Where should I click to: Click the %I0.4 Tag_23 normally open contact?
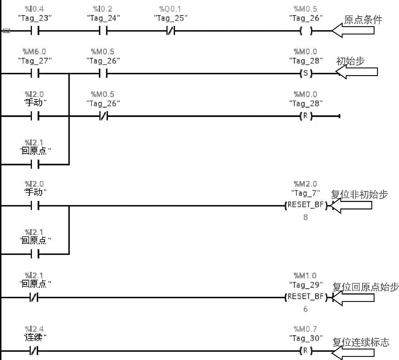pos(35,31)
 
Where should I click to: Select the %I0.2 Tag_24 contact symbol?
pos(103,31)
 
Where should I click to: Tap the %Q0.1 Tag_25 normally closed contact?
pos(170,31)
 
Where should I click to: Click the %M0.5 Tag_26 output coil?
pos(306,31)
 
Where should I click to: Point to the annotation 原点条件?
pos(363,20)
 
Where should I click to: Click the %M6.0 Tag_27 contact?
pos(35,74)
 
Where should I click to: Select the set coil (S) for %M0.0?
pos(306,73)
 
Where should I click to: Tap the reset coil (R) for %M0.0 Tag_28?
pos(306,116)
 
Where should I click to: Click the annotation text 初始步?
pos(350,61)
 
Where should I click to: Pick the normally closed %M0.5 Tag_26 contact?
pos(103,116)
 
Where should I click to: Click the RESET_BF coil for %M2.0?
pos(306,205)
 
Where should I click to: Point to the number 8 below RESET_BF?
pos(306,217)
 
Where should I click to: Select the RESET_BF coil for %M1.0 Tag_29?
pos(306,297)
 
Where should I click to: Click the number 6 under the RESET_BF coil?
pos(306,309)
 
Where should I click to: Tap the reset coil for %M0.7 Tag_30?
pos(306,351)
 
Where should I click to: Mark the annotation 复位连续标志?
pos(361,342)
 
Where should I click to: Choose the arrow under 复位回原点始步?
pos(353,298)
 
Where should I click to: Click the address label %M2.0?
pos(306,184)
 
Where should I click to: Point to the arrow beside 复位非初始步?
pos(352,205)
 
